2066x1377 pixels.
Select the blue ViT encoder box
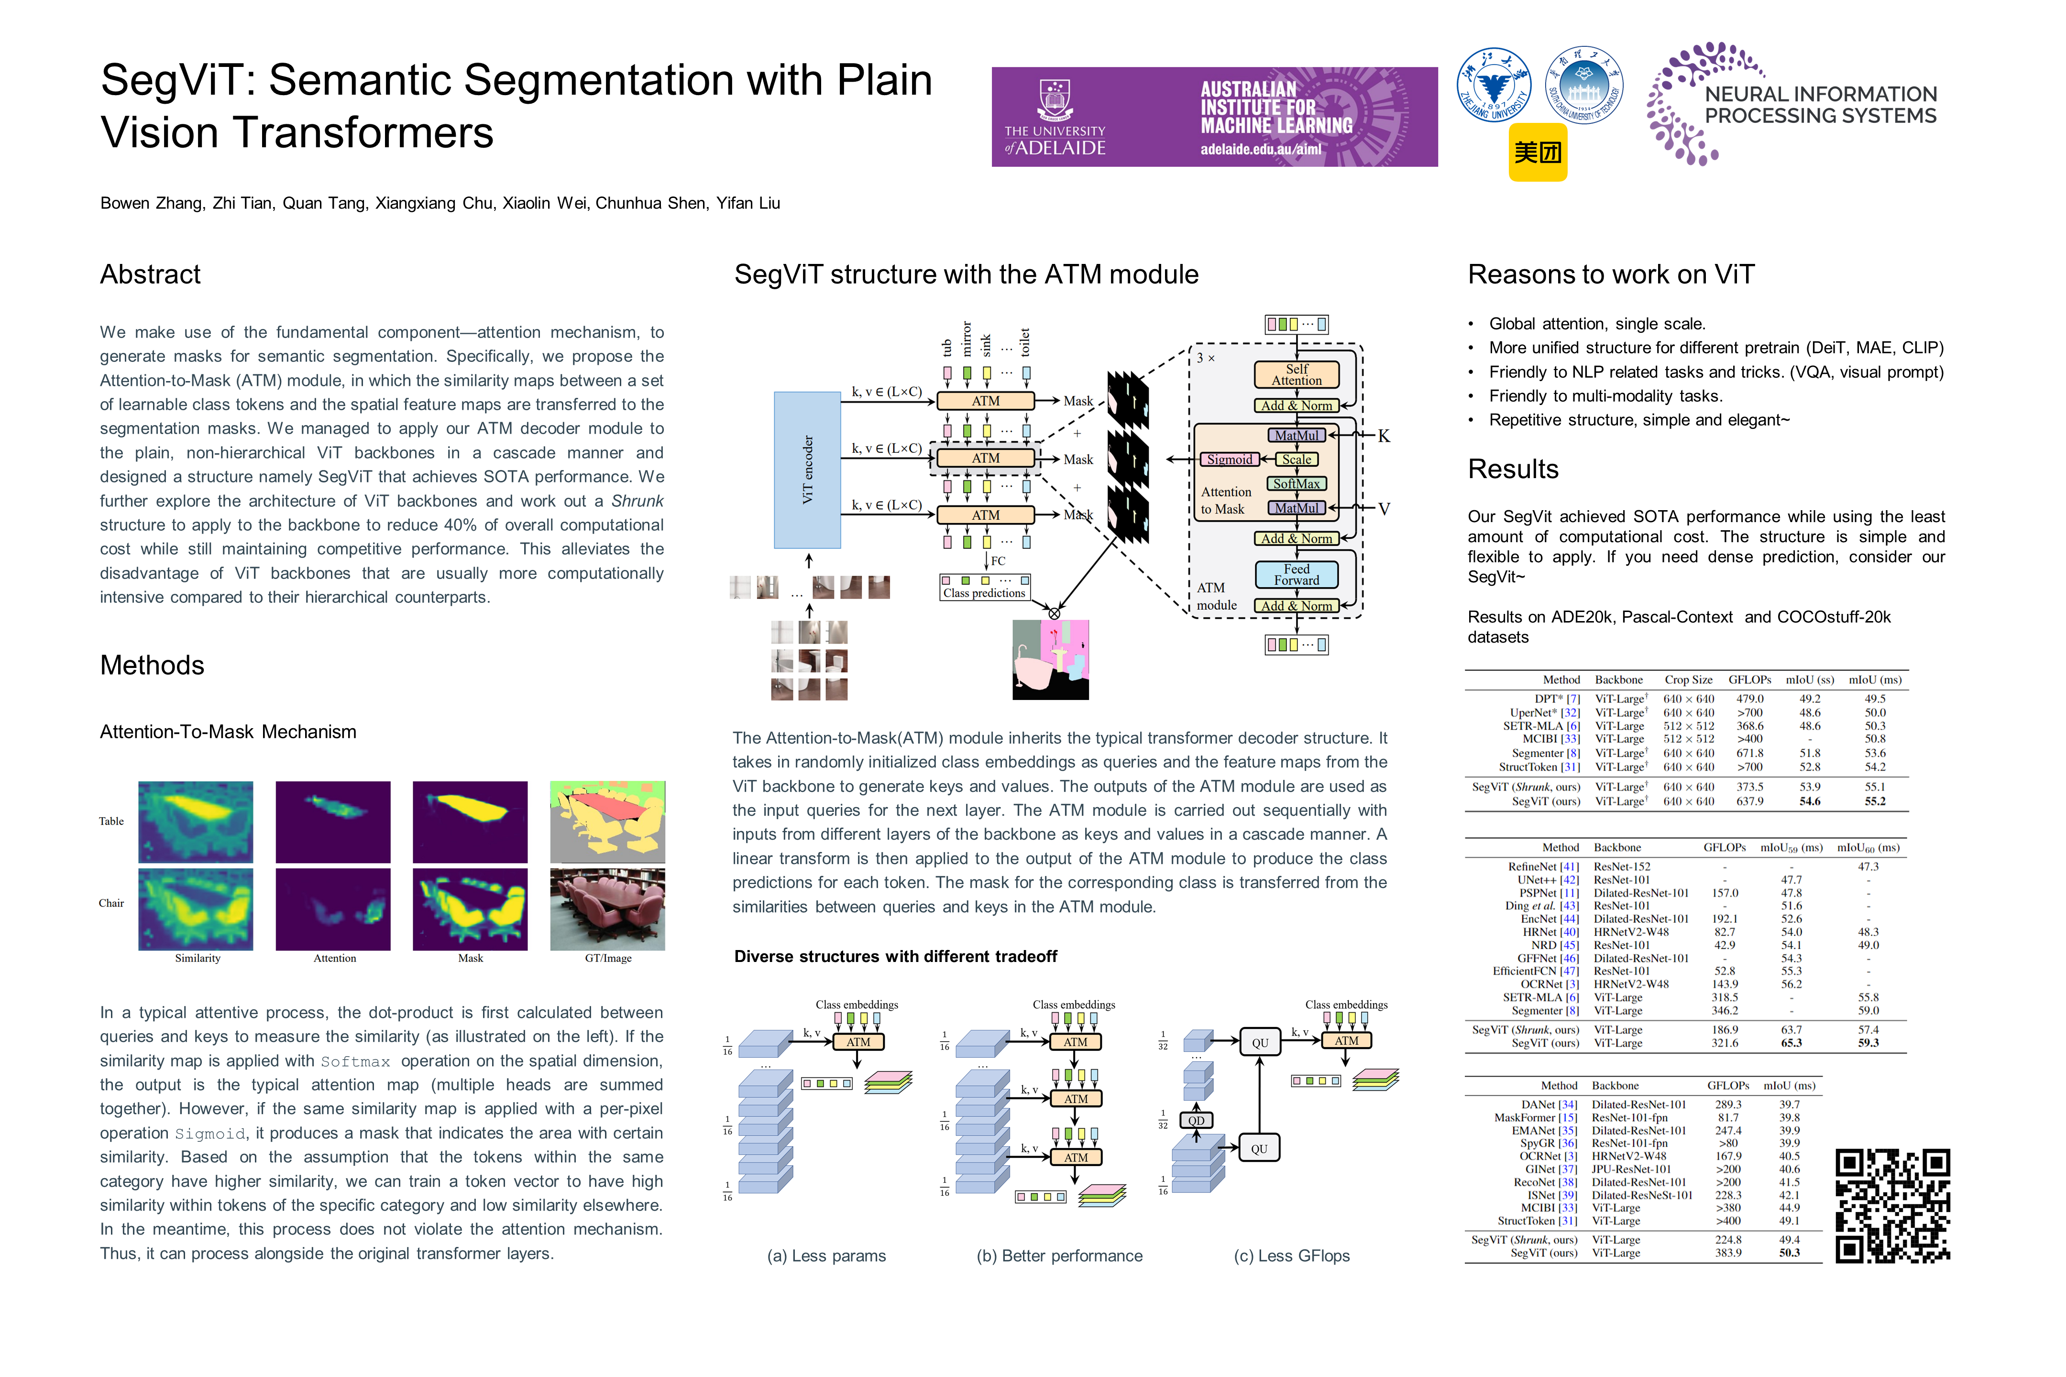pos(806,470)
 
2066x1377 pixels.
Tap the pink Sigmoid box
pos(1229,459)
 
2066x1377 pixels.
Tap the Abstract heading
pos(150,275)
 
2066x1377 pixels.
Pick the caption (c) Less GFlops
pos(1291,1256)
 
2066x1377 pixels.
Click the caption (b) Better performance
pos(1059,1256)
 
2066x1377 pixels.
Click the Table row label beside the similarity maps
pos(111,821)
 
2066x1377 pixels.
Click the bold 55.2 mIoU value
pos(1875,801)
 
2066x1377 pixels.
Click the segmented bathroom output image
pos(1051,659)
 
